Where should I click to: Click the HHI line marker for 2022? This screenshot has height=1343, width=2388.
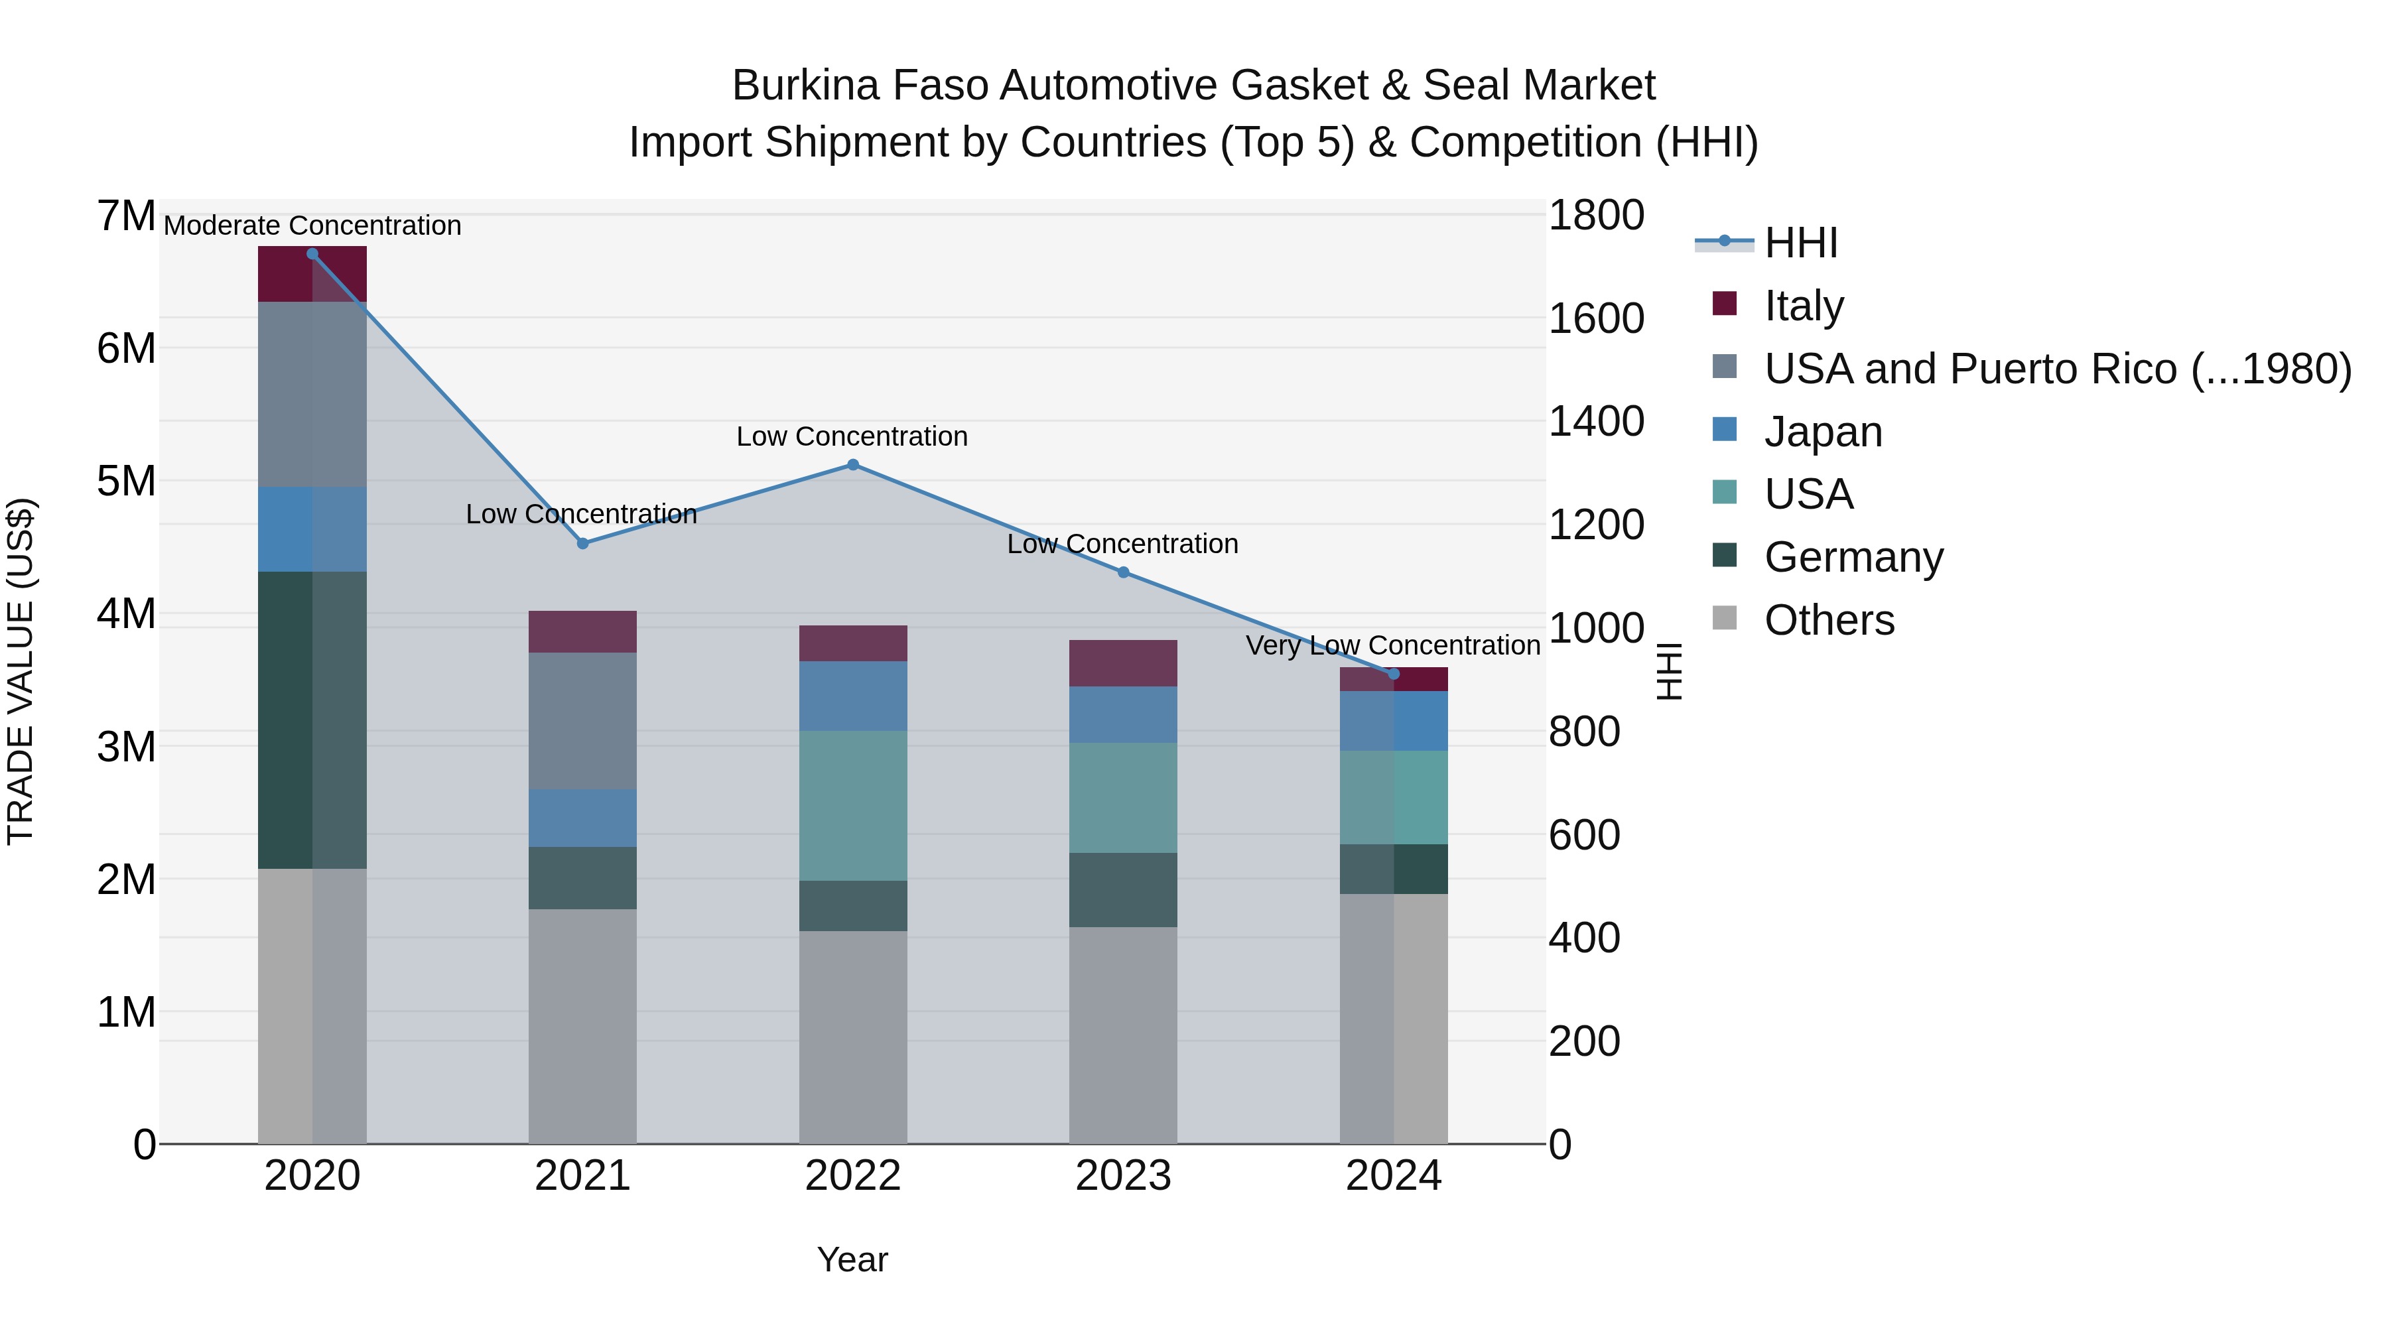[853, 466]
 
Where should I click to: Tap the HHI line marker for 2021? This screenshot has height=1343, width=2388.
[582, 543]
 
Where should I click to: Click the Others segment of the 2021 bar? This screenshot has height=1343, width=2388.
[582, 1025]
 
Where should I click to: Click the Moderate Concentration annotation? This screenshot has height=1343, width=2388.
[312, 225]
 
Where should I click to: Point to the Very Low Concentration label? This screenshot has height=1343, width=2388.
[1392, 645]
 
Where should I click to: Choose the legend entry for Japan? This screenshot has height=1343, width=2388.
[1823, 432]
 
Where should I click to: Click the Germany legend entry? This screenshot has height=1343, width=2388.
[1853, 557]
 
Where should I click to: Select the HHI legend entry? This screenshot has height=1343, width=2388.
[1800, 243]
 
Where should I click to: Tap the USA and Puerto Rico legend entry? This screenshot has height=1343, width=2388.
[2057, 369]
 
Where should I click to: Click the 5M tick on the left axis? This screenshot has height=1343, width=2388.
[126, 481]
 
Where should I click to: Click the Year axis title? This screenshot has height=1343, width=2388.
[852, 1259]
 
